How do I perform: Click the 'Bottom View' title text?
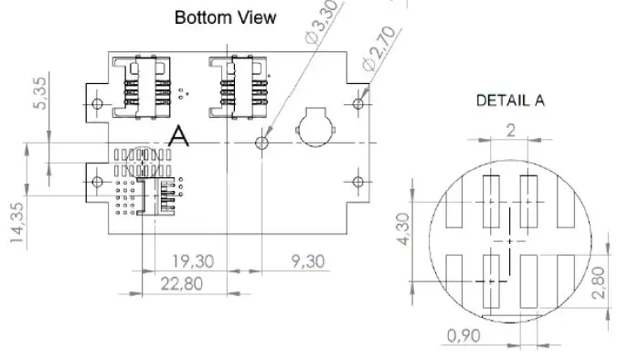tap(224, 17)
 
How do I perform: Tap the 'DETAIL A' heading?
tap(510, 101)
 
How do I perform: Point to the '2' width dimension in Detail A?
tap(510, 131)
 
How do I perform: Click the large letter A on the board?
tap(179, 137)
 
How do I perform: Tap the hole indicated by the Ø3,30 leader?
tap(262, 143)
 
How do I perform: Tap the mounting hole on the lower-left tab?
tap(98, 183)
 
